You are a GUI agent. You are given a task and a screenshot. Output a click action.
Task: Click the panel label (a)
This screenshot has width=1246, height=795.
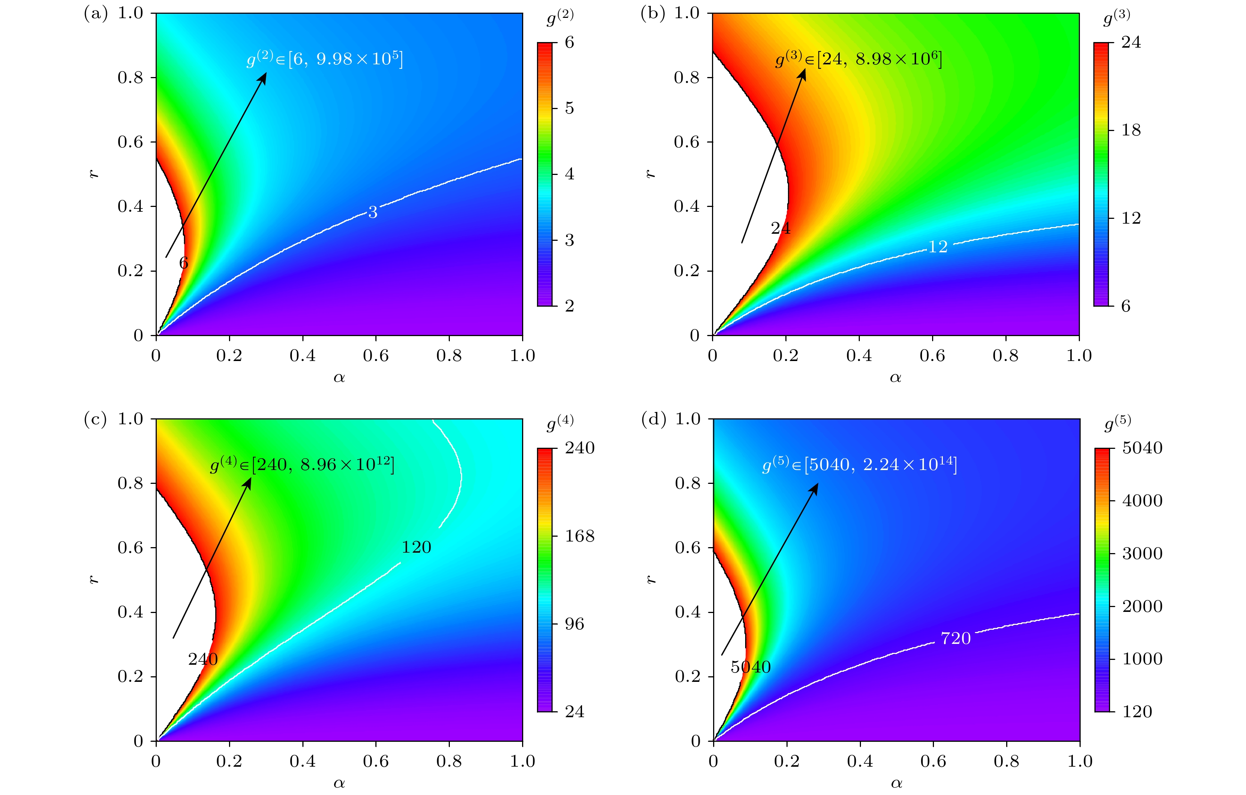(96, 13)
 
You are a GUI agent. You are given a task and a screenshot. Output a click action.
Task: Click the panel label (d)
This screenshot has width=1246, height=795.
(653, 419)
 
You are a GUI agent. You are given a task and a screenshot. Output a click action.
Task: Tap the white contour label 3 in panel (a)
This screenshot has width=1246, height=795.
(372, 213)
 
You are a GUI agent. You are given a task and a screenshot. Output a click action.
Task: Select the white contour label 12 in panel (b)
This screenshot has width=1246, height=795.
(938, 247)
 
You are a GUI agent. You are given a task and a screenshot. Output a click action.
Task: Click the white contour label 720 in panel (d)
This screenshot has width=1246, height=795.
(955, 638)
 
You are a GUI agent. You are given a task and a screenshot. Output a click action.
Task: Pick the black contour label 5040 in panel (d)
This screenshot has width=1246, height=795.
(750, 667)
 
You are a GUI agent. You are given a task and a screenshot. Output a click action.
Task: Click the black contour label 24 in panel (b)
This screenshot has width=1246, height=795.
(780, 228)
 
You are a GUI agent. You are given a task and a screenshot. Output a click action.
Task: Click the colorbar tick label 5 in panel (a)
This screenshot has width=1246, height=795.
(569, 108)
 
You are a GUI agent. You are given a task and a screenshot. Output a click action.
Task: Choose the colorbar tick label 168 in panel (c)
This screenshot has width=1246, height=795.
(579, 536)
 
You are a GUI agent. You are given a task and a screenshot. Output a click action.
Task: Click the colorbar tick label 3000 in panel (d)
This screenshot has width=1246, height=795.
(1142, 553)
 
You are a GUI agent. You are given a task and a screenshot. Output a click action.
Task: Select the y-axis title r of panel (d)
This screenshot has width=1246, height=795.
(651, 579)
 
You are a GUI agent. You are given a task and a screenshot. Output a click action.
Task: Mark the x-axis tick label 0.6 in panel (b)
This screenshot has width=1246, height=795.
(932, 356)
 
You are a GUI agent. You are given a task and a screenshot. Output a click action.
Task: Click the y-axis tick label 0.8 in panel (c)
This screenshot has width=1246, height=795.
(130, 483)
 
